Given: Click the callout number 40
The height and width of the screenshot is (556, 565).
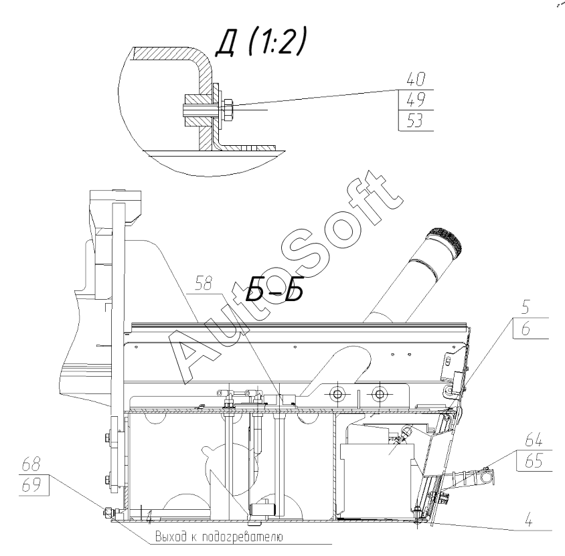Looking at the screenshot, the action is (416, 79).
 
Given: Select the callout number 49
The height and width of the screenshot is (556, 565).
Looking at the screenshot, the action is (416, 100).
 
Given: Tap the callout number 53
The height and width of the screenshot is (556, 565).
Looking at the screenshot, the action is (415, 120).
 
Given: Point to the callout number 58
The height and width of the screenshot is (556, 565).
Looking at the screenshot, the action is (203, 284).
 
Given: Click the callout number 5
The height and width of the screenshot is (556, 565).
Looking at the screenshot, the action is (526, 307).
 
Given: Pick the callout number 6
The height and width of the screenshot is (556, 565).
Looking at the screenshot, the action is (526, 329).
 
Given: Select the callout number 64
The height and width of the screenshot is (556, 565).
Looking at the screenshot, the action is (534, 440).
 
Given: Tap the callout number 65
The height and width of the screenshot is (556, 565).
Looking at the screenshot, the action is (534, 461).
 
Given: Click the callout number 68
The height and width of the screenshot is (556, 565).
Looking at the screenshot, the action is (31, 464).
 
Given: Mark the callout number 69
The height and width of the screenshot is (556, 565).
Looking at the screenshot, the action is (31, 486).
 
